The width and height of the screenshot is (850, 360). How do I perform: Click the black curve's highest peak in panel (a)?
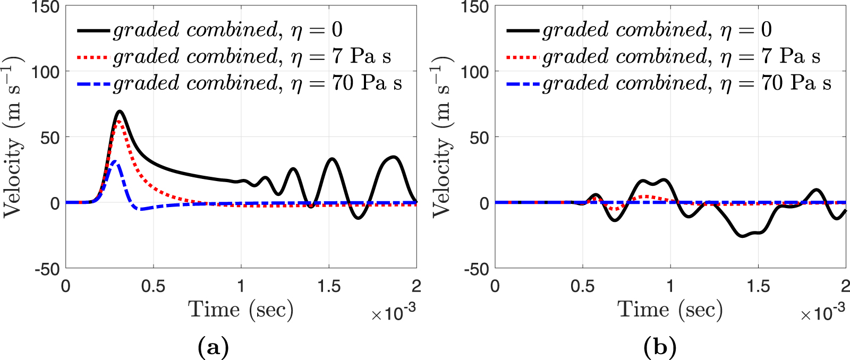120,112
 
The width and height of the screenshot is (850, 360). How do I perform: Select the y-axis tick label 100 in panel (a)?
46,71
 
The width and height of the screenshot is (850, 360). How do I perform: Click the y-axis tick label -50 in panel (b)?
475,269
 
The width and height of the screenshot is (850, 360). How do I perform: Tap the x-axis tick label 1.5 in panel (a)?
329,287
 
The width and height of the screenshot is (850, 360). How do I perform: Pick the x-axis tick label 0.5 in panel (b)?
582,287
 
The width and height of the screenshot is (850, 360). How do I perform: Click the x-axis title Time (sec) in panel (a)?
241,310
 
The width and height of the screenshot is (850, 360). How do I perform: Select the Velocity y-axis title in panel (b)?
442,137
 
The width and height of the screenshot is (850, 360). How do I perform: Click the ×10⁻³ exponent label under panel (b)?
822,313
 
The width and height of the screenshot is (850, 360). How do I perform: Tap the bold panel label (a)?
213,348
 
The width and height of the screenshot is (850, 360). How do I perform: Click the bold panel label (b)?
659,348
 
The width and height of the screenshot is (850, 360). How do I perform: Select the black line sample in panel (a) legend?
93,30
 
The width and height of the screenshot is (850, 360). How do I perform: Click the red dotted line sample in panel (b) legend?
523,57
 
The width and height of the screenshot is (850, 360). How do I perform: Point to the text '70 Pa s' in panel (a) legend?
367,83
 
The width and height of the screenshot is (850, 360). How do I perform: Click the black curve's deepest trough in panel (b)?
743,236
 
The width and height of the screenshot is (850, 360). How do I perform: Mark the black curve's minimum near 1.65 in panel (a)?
359,218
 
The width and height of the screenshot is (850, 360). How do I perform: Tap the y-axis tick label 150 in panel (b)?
475,7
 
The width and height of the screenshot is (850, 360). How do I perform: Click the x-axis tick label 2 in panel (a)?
416,287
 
